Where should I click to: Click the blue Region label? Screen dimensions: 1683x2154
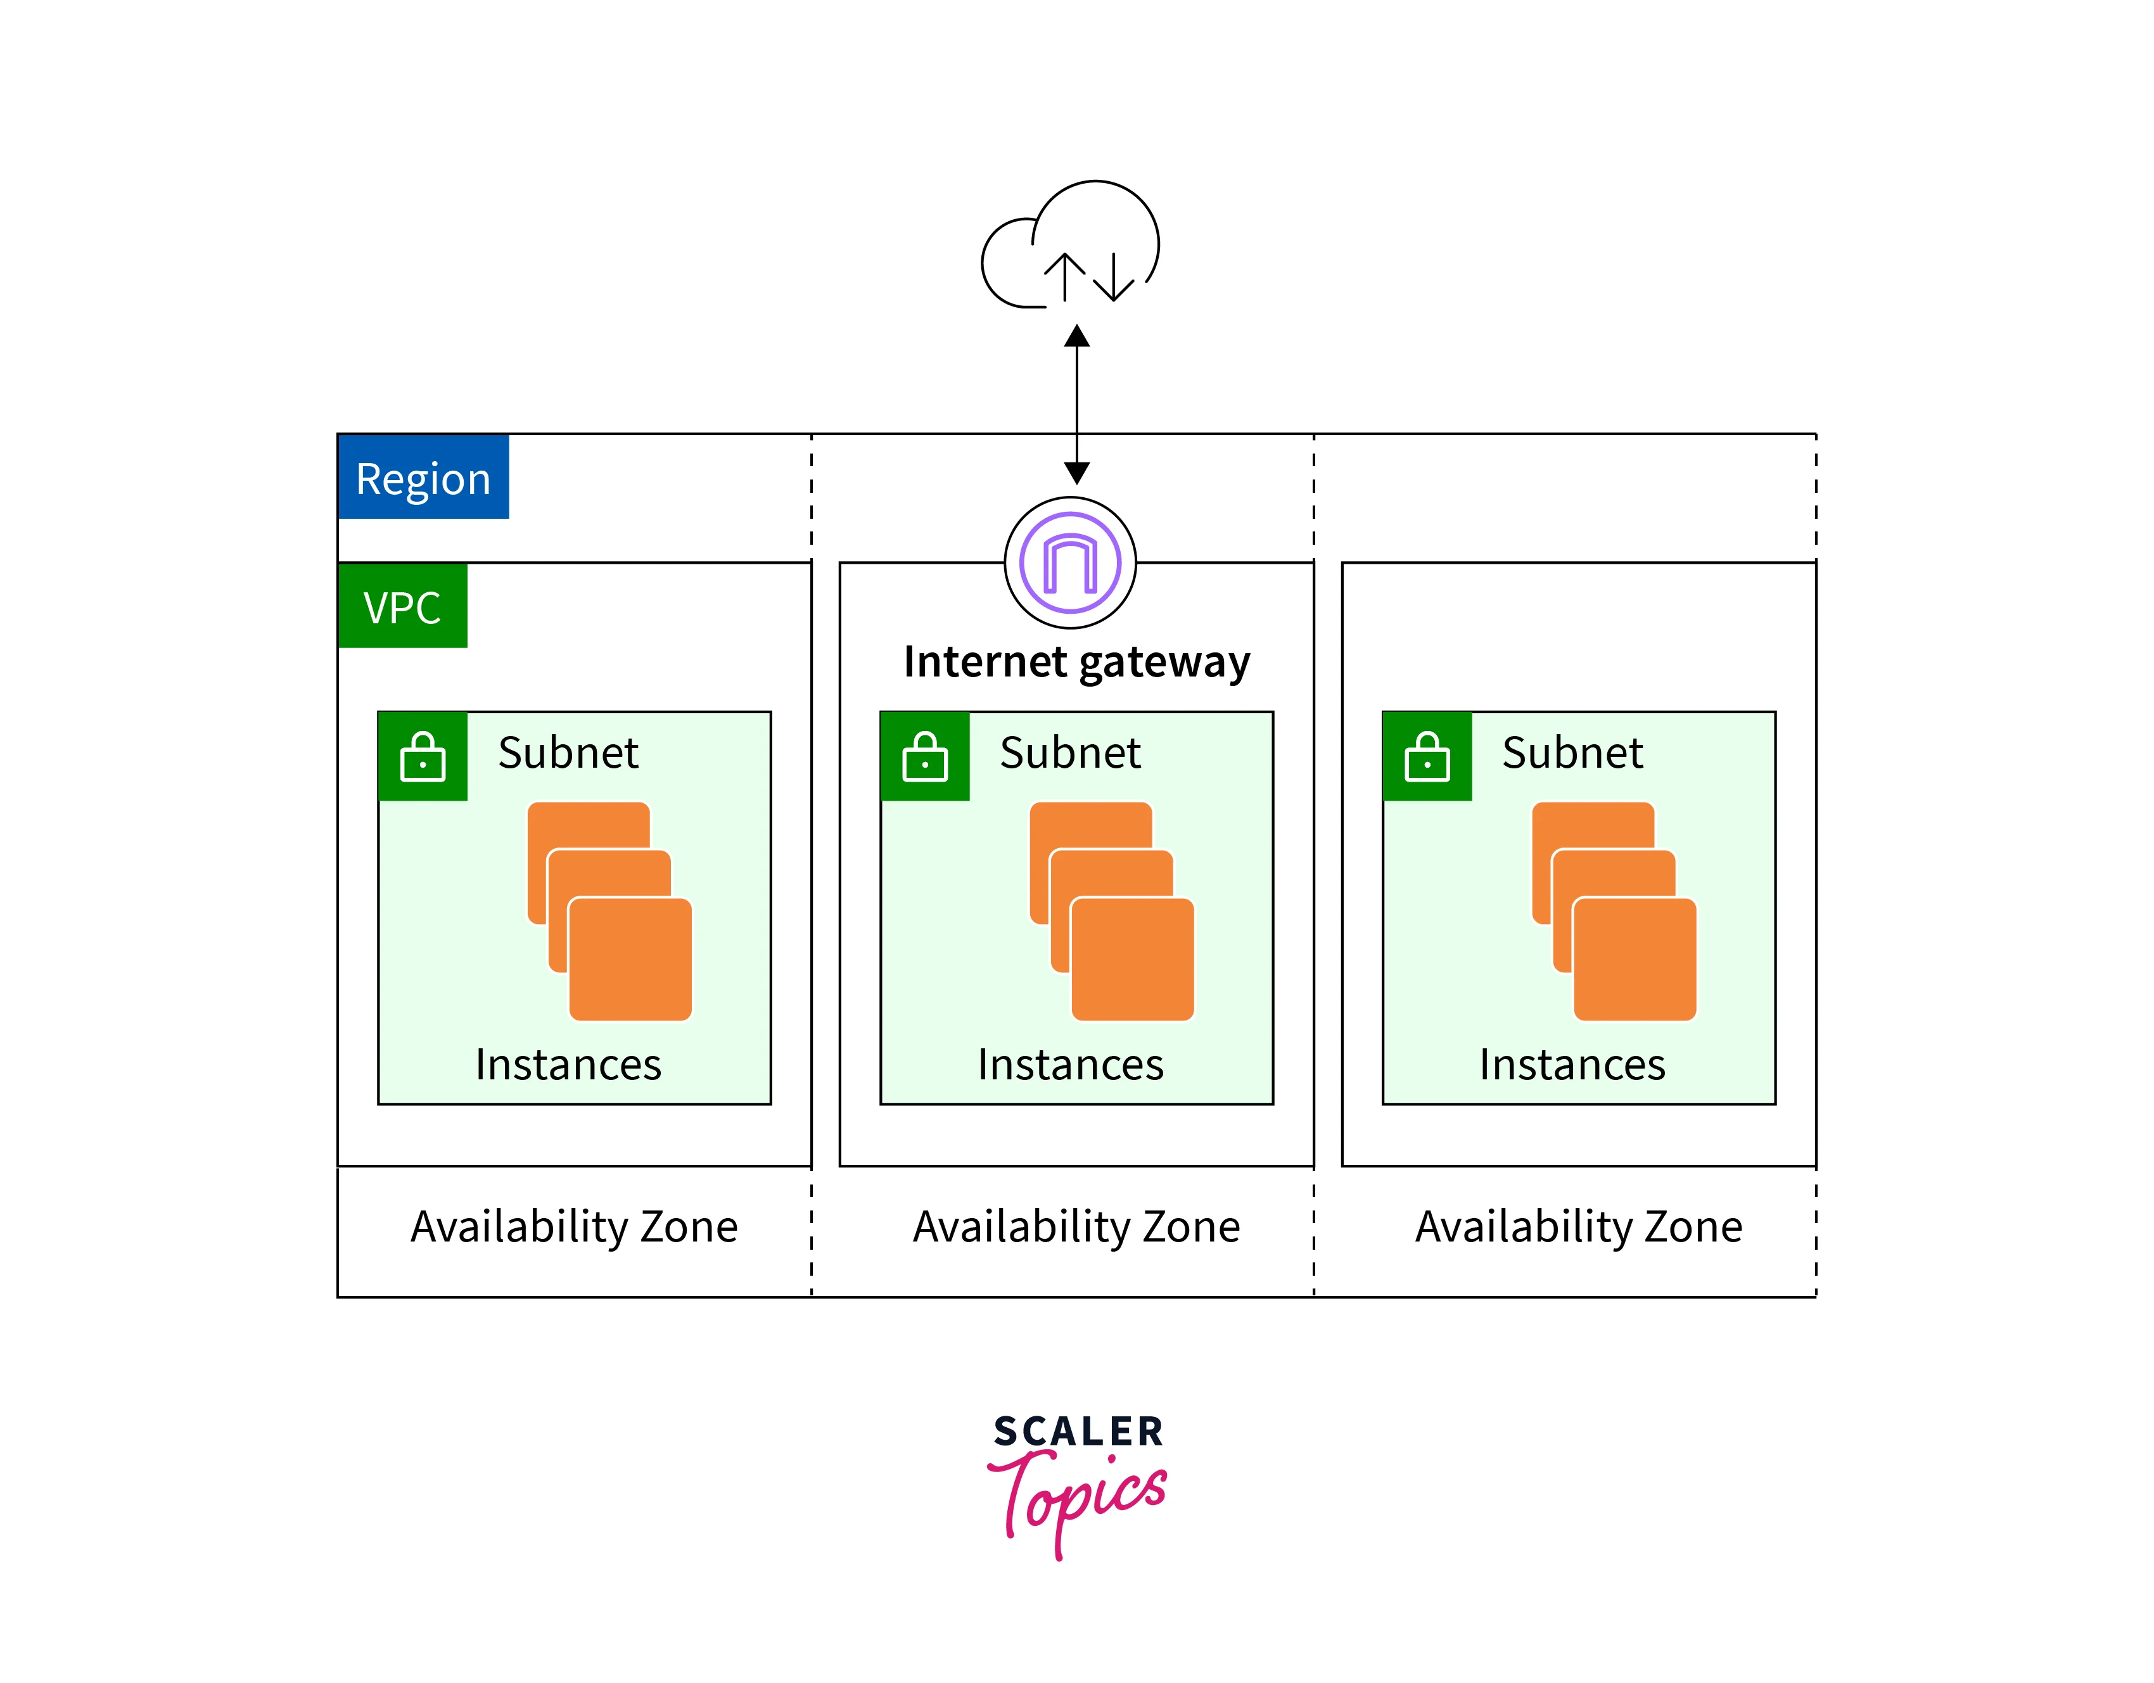point(423,477)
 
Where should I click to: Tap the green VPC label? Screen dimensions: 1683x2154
point(402,606)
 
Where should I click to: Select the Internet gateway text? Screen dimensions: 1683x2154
point(1076,661)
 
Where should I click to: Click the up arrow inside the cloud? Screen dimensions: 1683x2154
point(1064,276)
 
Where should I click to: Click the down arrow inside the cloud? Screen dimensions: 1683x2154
point(1114,277)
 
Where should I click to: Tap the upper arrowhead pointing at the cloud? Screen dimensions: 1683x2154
point(1077,337)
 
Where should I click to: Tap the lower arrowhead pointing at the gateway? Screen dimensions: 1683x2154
point(1077,473)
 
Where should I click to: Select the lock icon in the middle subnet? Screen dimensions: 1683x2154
point(925,756)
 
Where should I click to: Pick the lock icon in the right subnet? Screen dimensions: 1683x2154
point(1427,756)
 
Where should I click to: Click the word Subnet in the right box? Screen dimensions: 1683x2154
point(1572,753)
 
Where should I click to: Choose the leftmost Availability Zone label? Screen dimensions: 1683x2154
point(574,1226)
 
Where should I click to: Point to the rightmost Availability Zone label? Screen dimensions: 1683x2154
point(1578,1226)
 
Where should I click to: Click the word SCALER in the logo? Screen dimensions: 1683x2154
point(1078,1432)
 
